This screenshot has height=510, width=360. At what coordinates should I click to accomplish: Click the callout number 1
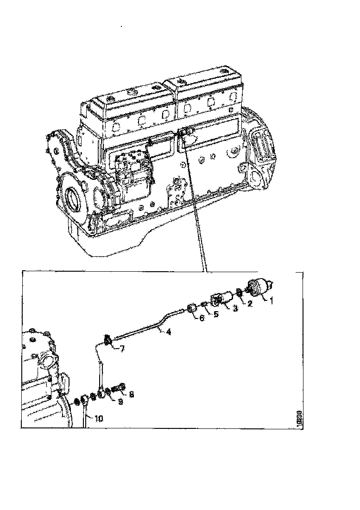272,300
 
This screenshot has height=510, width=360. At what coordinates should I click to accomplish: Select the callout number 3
235,308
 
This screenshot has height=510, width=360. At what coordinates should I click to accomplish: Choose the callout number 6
201,319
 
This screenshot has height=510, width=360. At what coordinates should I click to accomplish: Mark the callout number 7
122,349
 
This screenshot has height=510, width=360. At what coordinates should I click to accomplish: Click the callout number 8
132,395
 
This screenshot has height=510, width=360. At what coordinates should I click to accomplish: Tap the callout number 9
120,402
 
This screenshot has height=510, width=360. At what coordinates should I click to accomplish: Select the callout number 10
98,418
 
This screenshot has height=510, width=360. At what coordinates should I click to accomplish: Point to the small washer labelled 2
238,293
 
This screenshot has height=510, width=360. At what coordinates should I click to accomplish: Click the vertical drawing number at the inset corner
299,419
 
